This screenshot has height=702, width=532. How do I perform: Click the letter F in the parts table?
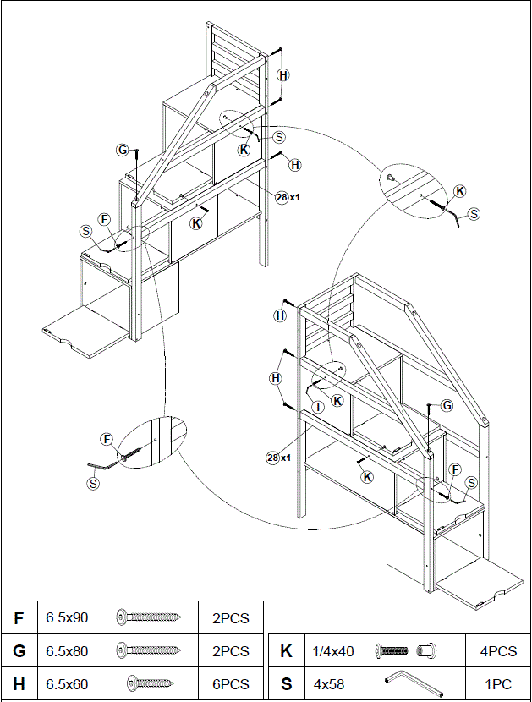(19, 617)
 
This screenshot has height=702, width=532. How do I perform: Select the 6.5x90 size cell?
(67, 617)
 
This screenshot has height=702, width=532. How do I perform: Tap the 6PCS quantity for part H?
(230, 684)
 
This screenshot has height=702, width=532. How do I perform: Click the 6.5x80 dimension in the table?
(67, 651)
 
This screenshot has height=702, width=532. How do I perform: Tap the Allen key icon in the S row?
(407, 682)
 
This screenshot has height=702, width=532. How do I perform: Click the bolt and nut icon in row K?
(407, 651)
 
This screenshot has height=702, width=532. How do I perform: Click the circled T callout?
(318, 407)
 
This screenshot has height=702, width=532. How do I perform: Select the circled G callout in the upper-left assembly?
(123, 151)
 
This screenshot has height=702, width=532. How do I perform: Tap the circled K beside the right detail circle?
(459, 191)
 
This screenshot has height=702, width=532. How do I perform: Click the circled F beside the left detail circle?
(107, 439)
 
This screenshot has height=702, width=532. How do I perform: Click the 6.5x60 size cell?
(67, 684)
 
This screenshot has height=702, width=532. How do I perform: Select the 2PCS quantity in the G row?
(230, 651)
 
